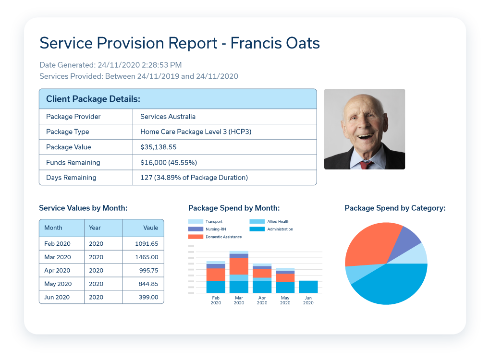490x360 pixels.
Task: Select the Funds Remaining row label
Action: tap(73, 162)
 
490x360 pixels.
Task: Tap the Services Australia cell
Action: tap(168, 117)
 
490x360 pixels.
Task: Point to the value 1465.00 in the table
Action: tap(147, 257)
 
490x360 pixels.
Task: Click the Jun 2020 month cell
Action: tap(57, 297)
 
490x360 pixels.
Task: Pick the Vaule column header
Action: tap(150, 228)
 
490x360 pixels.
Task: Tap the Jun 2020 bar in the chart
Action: tap(308, 287)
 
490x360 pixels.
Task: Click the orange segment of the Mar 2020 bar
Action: tap(239, 266)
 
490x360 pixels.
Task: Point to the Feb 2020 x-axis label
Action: tap(216, 300)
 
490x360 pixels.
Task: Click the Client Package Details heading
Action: tap(93, 99)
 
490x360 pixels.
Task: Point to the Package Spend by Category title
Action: tap(395, 208)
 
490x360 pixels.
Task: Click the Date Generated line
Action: tap(110, 65)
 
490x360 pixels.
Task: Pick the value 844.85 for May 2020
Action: tap(147, 284)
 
